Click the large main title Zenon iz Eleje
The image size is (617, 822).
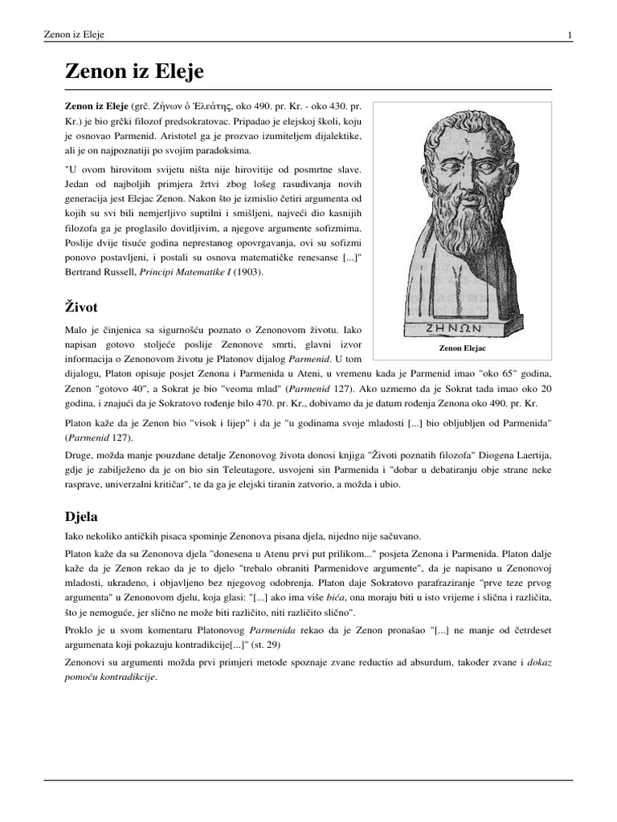click(x=134, y=71)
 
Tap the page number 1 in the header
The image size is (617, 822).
click(x=570, y=35)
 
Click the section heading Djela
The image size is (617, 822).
click(x=81, y=515)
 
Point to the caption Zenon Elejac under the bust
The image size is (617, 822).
click(x=462, y=349)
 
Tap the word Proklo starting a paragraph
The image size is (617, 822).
click(x=79, y=630)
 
